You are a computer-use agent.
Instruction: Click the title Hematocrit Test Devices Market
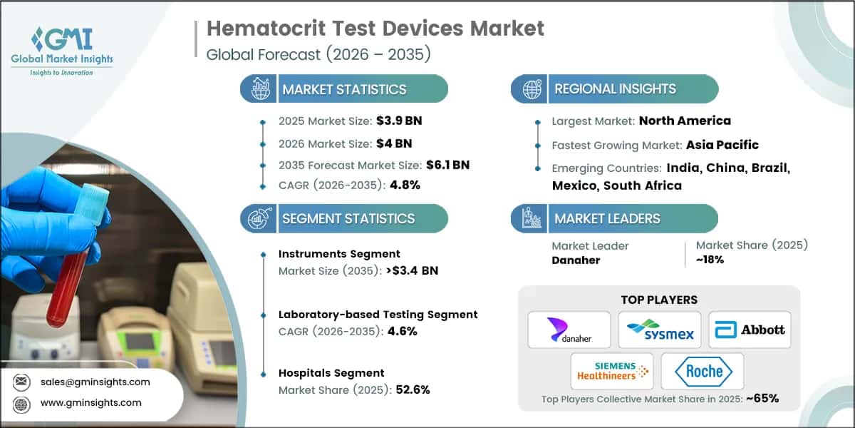coord(375,29)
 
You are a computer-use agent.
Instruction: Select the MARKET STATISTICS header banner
coord(344,89)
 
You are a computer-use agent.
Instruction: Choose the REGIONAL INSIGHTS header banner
coord(615,89)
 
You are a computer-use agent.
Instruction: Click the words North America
coord(684,121)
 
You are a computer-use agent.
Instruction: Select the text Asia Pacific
coord(722,145)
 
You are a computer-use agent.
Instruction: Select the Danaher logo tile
coord(569,330)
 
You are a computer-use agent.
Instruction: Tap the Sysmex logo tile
coord(659,330)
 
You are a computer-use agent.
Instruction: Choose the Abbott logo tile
coord(749,330)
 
